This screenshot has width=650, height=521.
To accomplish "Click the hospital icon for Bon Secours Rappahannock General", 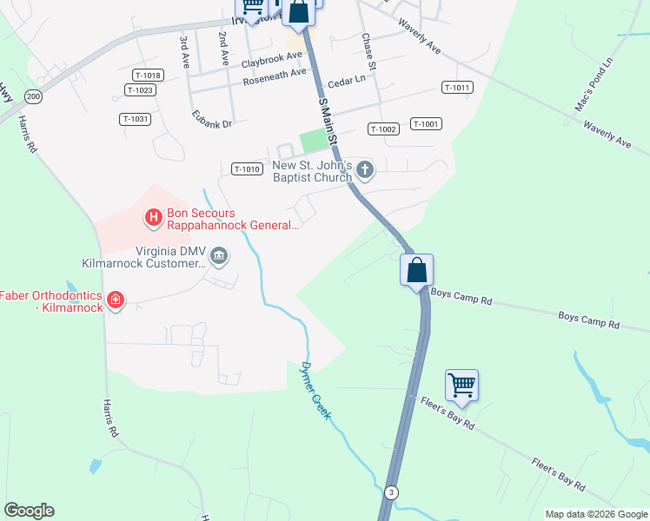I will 154,216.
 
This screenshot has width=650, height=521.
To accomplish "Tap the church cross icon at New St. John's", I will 365,170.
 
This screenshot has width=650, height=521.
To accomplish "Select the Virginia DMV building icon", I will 220,255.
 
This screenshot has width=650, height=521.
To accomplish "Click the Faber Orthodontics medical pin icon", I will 116,301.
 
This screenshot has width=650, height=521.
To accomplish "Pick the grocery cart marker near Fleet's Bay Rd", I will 462,385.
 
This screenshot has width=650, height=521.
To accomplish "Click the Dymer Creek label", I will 316,392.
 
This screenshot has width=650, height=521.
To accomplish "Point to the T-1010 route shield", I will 247,169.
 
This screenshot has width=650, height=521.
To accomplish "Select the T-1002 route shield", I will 382,129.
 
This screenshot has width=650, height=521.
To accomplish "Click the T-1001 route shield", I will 426,124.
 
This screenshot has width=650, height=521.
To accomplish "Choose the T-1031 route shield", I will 136,119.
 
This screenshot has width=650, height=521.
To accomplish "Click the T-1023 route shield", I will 140,90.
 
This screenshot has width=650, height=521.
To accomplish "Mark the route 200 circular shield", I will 33,96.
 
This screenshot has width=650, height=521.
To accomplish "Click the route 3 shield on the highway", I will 393,492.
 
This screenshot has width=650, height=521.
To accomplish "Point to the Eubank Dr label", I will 213,122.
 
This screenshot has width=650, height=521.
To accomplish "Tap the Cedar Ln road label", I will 348,79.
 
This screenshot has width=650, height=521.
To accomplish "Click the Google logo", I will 29,510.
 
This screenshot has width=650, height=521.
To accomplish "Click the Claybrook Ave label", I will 272,59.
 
